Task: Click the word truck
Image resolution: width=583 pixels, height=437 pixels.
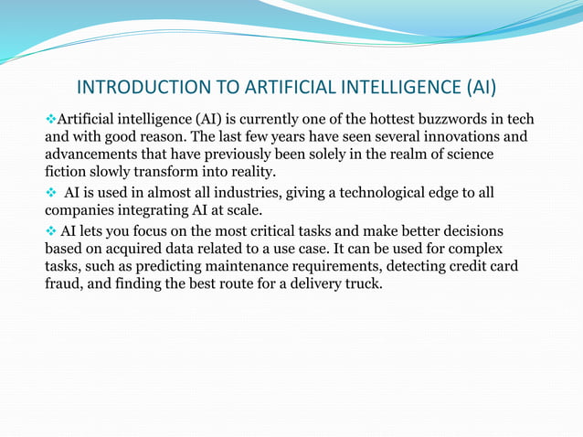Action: (x=362, y=282)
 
